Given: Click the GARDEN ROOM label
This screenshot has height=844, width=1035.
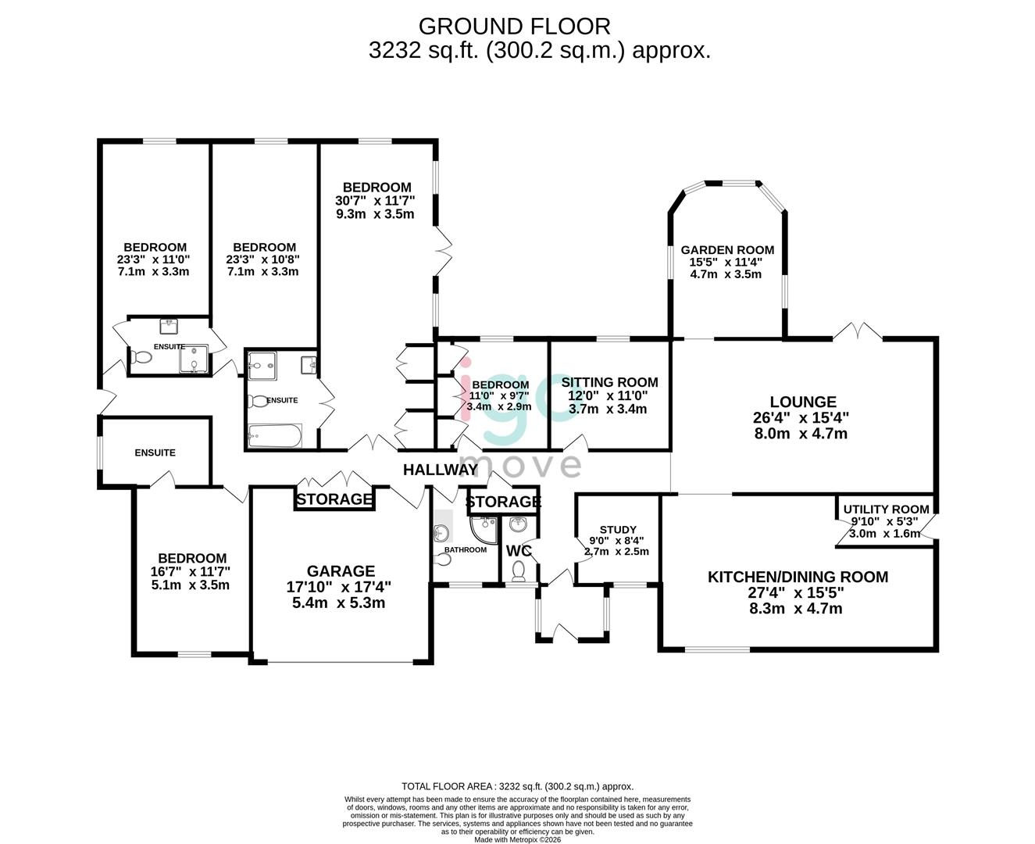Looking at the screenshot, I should pyautogui.click(x=727, y=250).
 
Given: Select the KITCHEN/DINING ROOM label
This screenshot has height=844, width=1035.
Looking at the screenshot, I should pyautogui.click(x=798, y=578).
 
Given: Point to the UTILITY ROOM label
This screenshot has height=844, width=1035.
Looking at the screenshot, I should pyautogui.click(x=886, y=510).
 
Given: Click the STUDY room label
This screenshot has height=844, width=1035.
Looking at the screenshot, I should pyautogui.click(x=618, y=530).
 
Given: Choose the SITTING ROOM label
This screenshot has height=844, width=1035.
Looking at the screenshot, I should pyautogui.click(x=609, y=382).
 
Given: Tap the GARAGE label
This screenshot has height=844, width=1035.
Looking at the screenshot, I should pyautogui.click(x=341, y=571).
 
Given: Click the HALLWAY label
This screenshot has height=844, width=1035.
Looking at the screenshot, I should pyautogui.click(x=440, y=470).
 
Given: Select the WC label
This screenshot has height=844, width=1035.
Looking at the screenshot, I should pyautogui.click(x=519, y=551).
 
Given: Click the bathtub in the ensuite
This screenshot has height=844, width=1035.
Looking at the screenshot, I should pyautogui.click(x=274, y=436).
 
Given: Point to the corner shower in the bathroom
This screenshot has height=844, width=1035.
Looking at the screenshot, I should pyautogui.click(x=484, y=528).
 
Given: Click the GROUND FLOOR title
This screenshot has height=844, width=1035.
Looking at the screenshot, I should pyautogui.click(x=514, y=27).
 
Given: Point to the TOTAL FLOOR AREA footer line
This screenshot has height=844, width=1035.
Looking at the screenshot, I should pyautogui.click(x=517, y=786).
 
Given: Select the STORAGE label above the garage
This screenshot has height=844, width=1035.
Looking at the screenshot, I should pyautogui.click(x=334, y=499).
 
